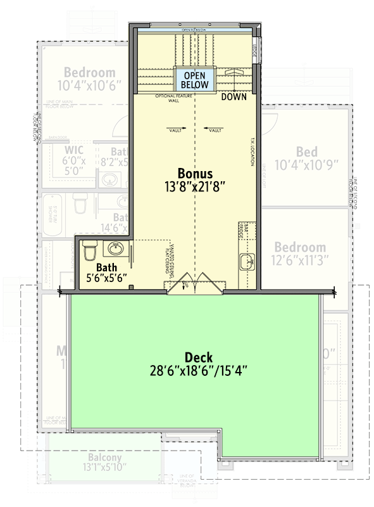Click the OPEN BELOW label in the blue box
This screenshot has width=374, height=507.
(194, 79)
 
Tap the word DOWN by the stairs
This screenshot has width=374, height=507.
(234, 98)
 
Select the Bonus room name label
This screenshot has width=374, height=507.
(194, 173)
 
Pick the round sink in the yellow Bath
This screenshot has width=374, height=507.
(115, 248)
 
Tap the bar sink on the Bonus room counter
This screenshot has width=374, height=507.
(246, 259)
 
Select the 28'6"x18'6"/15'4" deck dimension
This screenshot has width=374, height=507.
(194, 371)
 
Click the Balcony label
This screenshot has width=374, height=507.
(87, 458)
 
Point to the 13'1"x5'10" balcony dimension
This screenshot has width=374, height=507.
(87, 468)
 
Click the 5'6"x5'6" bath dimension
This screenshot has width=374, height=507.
(107, 278)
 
